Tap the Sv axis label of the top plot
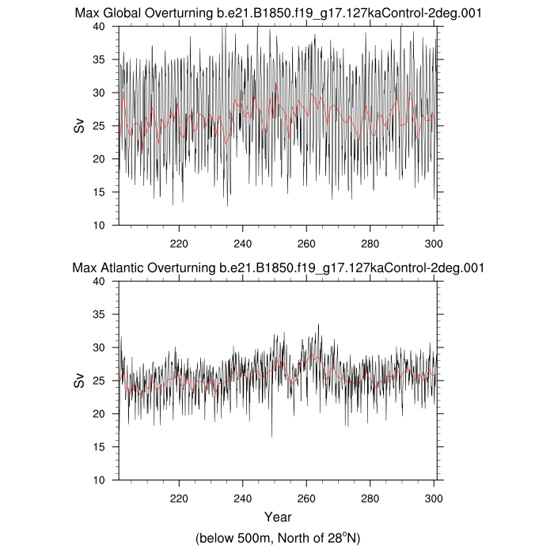(79, 126)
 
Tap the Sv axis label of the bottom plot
(79, 381)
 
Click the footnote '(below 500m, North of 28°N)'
(277, 538)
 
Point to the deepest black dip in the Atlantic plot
(271, 436)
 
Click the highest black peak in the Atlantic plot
(318, 324)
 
